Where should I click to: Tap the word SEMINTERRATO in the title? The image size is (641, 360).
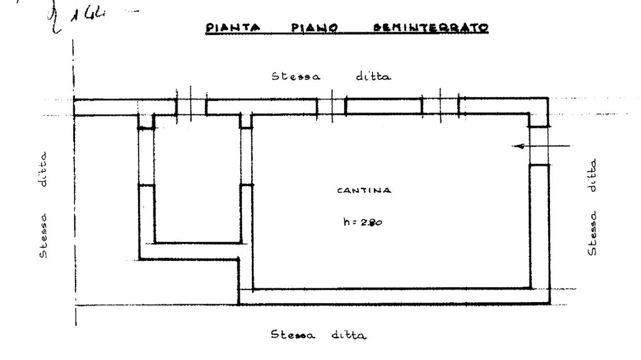(x=430, y=28)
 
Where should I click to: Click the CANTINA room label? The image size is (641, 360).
(x=364, y=191)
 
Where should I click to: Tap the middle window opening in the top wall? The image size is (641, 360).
(x=332, y=106)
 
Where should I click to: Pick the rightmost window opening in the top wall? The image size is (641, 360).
(x=441, y=106)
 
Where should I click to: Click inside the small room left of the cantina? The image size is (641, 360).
(x=196, y=183)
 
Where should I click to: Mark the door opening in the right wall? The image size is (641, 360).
(x=539, y=147)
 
